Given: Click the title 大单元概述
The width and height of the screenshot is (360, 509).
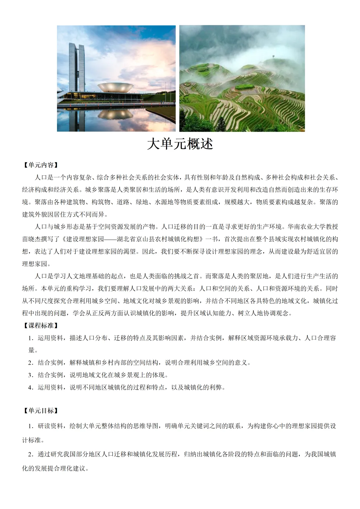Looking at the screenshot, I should [x=180, y=144].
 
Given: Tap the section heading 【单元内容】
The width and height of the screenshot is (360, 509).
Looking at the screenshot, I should [x=41, y=165].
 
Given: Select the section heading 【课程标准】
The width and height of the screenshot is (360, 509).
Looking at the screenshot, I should [x=41, y=326].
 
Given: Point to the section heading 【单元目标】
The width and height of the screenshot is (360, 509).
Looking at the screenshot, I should [x=41, y=411].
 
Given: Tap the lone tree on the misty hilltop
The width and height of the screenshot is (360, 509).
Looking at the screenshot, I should [x=273, y=56].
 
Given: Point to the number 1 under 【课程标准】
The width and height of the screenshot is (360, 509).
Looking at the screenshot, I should [x=30, y=338].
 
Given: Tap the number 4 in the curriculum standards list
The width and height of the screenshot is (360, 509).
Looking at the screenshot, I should [x=30, y=388].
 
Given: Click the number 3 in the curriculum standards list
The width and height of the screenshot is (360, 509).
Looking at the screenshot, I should [x=30, y=375].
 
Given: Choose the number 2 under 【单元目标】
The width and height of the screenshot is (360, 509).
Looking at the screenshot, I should [x=30, y=454].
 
